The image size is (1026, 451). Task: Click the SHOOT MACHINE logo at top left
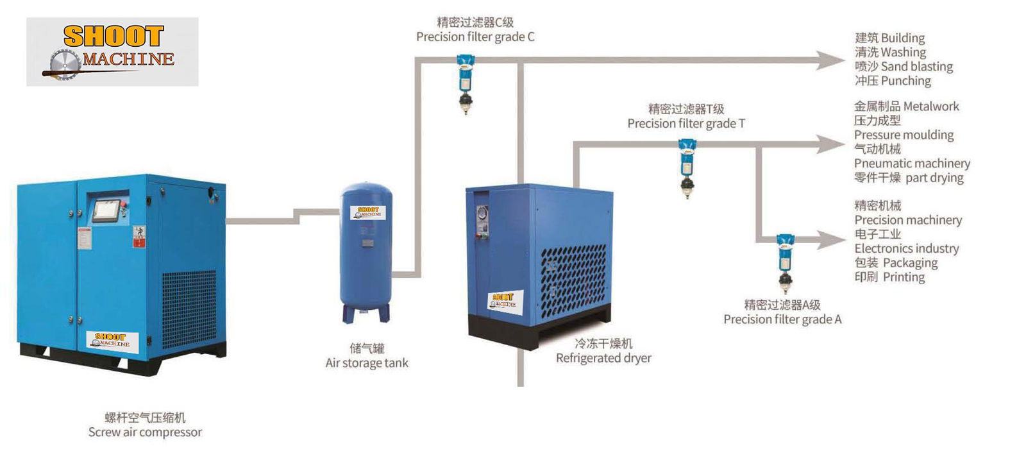[112, 51]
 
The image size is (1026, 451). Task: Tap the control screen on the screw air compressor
[106, 210]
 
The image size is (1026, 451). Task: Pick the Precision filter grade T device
[687, 168]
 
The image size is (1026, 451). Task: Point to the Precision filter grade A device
[784, 262]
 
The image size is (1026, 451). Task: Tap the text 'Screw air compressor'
[145, 432]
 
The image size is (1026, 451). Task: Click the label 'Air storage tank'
[366, 363]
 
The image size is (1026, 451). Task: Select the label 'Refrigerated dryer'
[603, 358]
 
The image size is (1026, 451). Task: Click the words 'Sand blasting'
[916, 67]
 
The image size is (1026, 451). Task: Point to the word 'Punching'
[905, 81]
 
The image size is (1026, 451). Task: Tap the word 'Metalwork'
[931, 106]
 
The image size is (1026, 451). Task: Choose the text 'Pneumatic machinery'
[912, 164]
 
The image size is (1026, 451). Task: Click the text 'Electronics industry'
[906, 248]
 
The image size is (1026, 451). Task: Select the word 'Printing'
[904, 277]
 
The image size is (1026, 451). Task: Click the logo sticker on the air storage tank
[367, 212]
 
